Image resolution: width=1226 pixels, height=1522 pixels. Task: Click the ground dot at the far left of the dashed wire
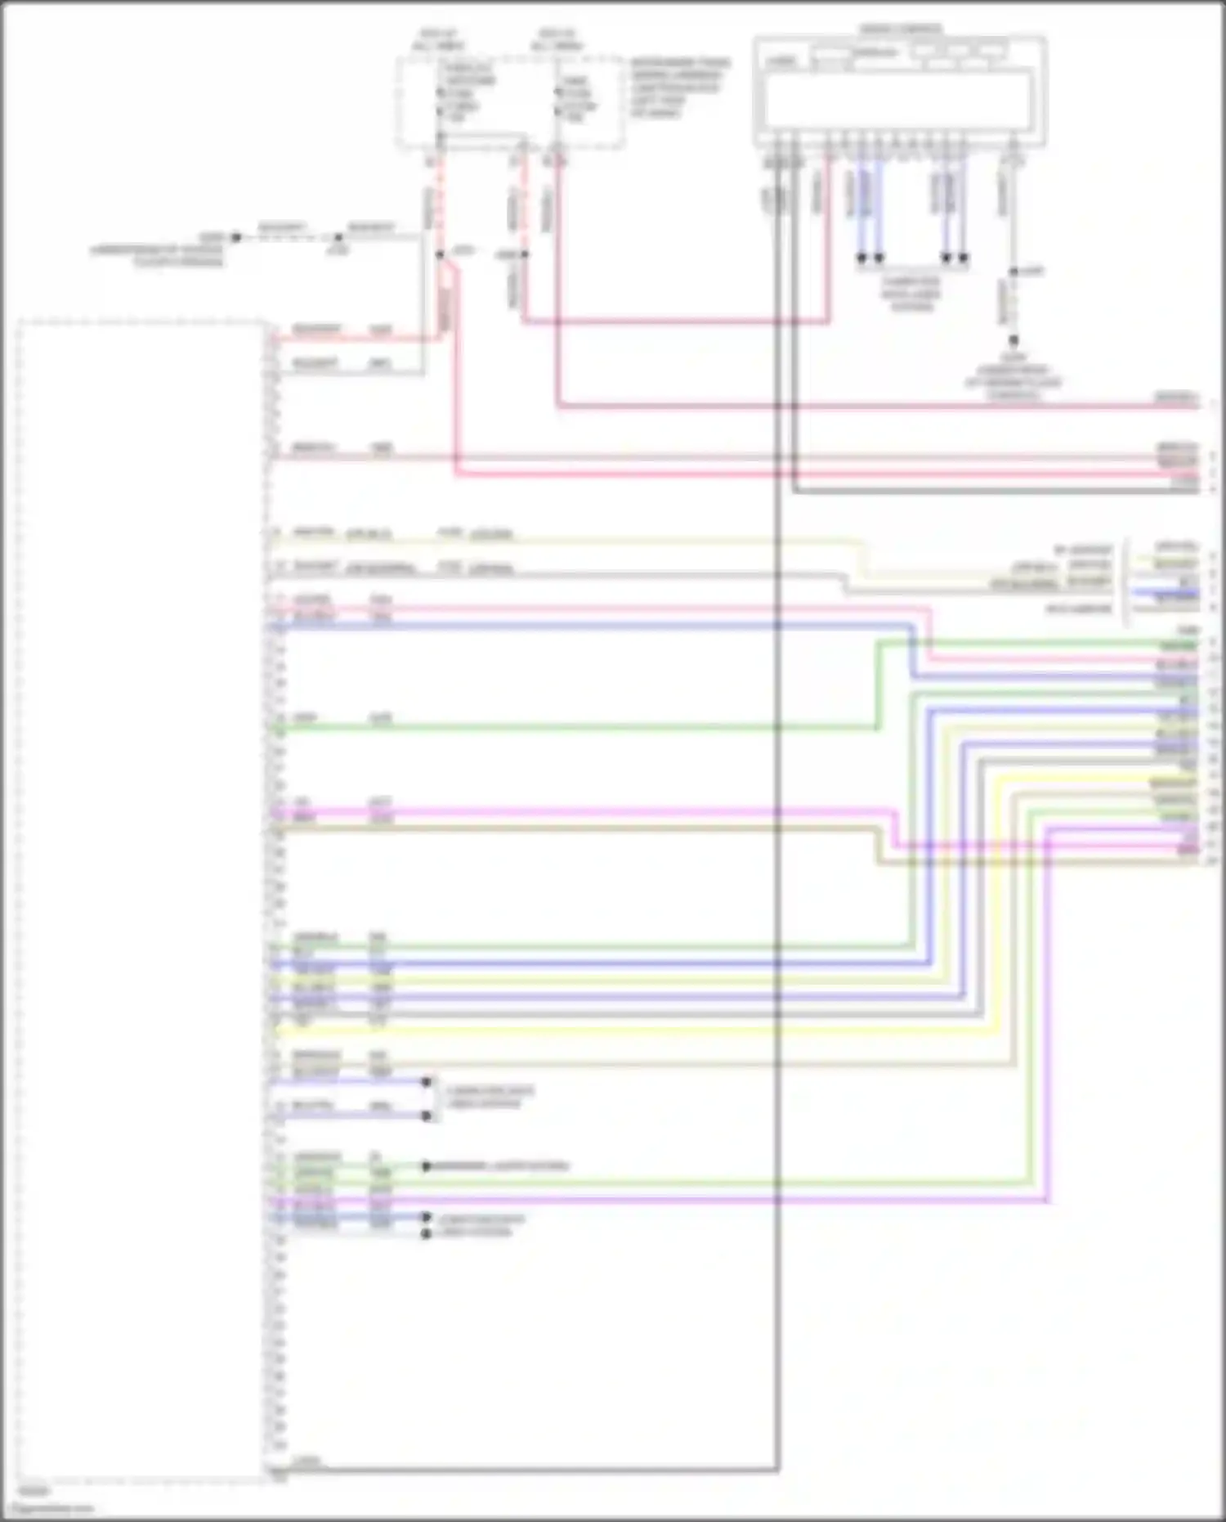point(236,237)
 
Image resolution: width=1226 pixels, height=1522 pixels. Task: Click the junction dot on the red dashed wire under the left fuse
point(440,254)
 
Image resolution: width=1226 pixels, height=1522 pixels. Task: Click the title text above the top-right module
point(900,29)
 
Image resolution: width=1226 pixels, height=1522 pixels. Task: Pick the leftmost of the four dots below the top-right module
point(861,258)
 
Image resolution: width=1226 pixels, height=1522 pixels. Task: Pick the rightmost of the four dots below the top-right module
point(964,258)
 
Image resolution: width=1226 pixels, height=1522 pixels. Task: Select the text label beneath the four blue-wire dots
point(911,294)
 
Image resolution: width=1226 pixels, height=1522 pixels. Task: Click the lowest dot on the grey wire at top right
point(1013,339)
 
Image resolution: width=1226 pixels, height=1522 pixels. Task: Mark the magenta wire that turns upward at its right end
point(654,1201)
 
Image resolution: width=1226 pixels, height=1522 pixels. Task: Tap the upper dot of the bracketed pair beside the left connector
point(426,1082)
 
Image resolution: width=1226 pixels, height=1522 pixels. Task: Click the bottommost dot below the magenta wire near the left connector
point(426,1233)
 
